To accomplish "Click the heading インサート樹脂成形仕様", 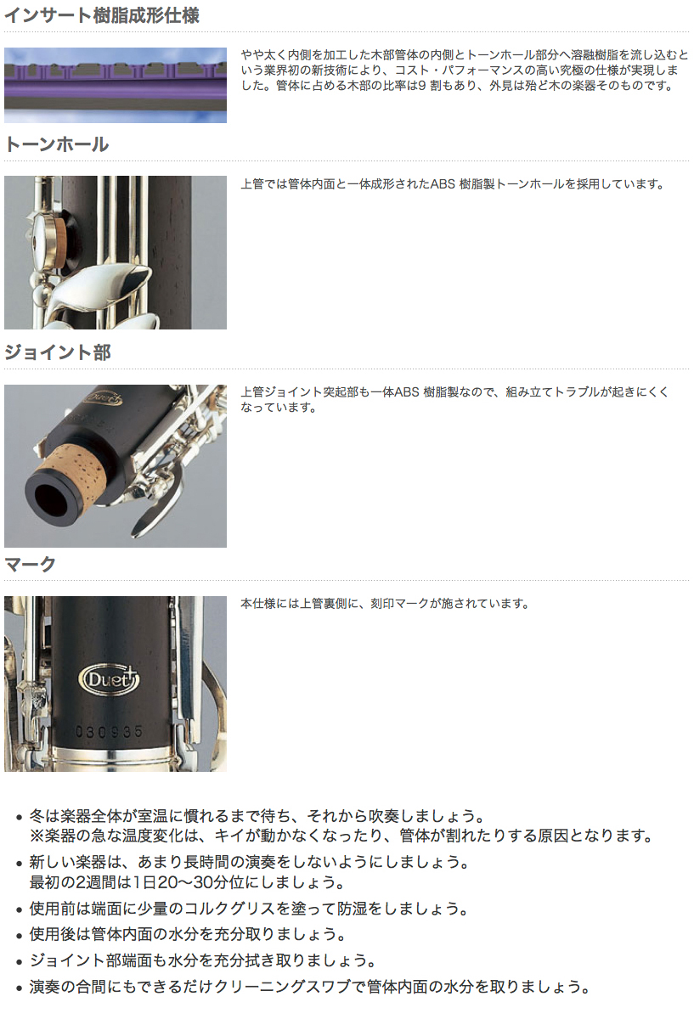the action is tap(102, 15).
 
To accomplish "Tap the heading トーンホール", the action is tap(57, 144).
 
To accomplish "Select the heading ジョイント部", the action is tap(58, 352).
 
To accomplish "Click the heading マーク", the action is tap(30, 565).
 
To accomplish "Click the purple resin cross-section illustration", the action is tap(116, 86).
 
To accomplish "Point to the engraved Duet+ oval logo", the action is tap(109, 679).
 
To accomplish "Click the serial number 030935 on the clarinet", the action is tap(110, 732).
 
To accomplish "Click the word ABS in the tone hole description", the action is tap(443, 184).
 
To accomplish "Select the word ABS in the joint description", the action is tap(407, 392).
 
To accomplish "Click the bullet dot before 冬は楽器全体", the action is tap(20, 818).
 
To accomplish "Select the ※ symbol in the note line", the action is tap(37, 836).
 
